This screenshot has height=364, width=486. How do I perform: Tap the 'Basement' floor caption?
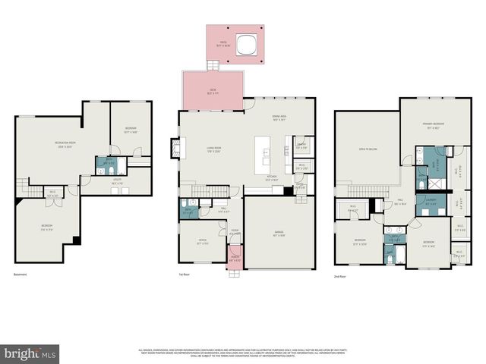click(22, 275)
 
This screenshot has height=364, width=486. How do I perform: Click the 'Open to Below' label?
click(368, 149)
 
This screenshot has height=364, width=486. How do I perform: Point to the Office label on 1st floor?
click(202, 243)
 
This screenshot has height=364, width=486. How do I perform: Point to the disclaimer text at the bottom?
click(243, 353)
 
